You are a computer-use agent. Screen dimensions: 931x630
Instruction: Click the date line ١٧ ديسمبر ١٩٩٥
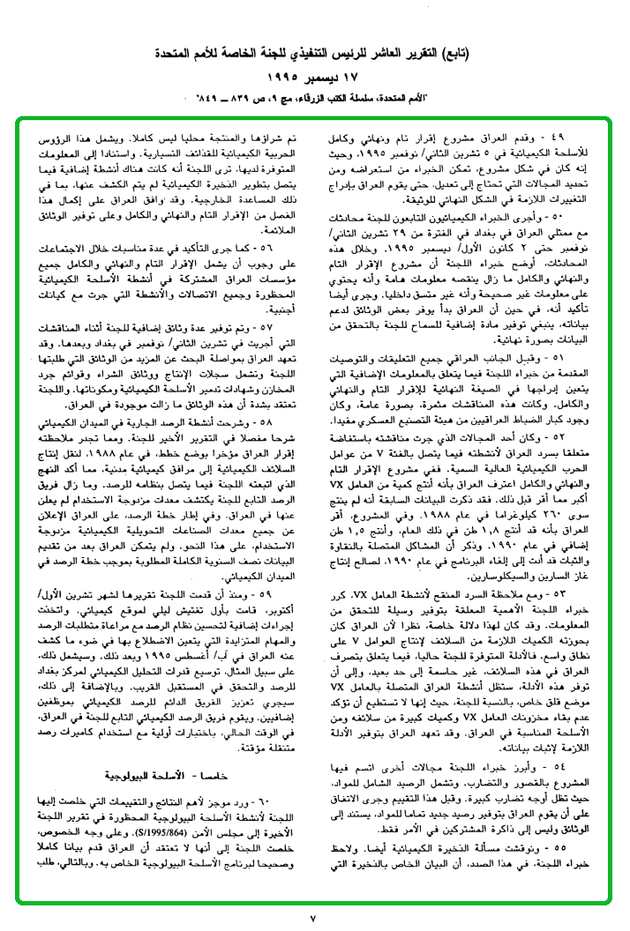point(315,77)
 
